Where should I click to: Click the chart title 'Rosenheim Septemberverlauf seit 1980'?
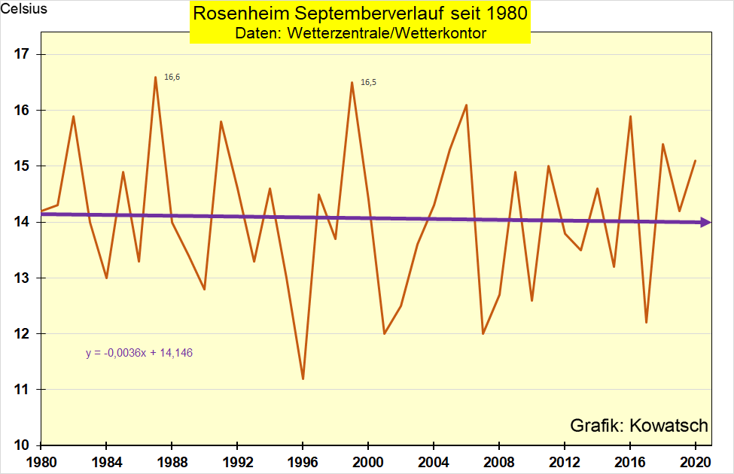pos(360,14)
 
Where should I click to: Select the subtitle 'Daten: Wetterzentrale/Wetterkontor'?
pos(360,32)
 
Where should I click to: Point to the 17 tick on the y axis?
pos(20,54)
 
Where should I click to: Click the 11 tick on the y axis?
pos(20,390)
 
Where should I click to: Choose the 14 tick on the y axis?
pos(20,222)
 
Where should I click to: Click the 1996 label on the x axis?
pos(303,460)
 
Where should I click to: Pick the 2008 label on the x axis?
pos(499,460)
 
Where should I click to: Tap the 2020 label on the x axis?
pos(695,460)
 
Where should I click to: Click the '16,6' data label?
pos(172,77)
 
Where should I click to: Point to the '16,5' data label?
pos(368,82)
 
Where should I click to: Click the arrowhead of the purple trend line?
pos(705,222)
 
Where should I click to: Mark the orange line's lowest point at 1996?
pos(303,378)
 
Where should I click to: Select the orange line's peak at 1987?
pos(155,77)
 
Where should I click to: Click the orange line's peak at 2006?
pos(466,105)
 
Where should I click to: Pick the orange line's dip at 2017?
pos(646,323)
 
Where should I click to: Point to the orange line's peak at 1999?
pos(352,82)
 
